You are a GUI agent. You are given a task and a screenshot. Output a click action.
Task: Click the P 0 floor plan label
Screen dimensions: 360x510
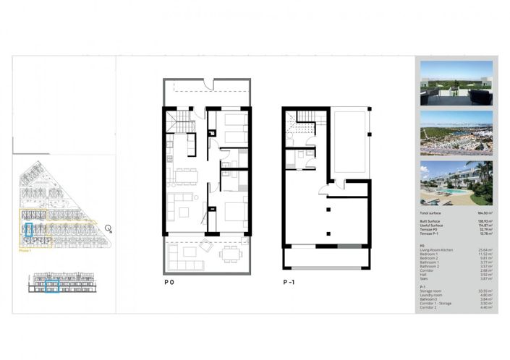pos(169,284)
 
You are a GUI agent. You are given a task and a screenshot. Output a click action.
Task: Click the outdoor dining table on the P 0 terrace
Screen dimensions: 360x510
pos(229,254)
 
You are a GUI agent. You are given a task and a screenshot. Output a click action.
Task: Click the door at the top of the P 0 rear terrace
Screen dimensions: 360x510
pos(208,85)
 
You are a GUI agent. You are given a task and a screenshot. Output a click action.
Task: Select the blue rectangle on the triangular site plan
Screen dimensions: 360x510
pos(28,231)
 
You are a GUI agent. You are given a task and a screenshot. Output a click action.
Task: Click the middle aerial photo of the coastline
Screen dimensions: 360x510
pos(456,132)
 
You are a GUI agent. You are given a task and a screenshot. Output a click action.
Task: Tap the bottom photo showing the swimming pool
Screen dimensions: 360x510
pos(456,183)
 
